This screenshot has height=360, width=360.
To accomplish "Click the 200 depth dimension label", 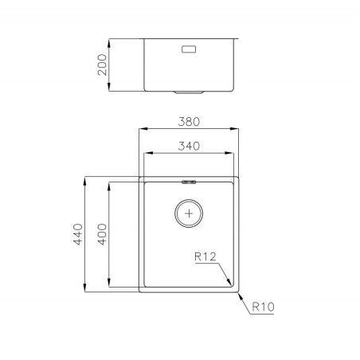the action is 102,65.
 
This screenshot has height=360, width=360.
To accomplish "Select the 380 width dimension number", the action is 189,122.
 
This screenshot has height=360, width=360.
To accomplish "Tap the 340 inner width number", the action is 189,146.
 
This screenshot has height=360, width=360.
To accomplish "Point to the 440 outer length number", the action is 78,234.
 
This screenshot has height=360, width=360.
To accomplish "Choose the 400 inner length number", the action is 102,234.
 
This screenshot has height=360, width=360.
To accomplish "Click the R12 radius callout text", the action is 205,256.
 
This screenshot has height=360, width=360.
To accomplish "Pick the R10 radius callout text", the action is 263,307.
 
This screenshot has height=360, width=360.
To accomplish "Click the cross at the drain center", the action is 189,213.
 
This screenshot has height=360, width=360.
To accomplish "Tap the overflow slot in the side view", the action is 189,49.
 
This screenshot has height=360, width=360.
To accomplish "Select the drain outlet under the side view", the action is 189,92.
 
